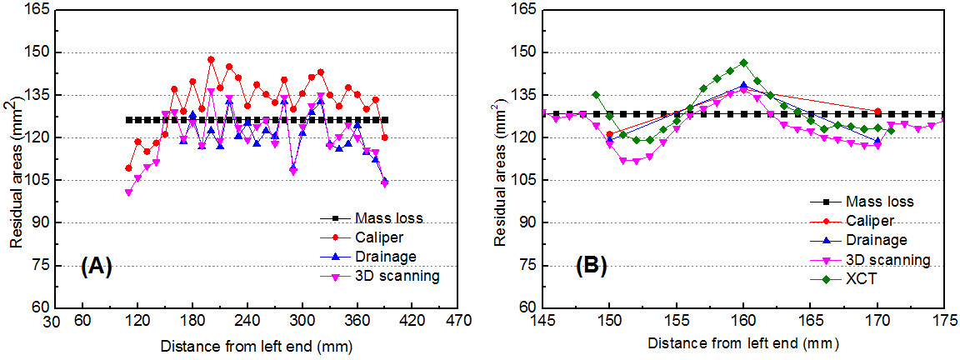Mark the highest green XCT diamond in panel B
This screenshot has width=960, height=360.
point(743,62)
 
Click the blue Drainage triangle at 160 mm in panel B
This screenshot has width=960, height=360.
point(743,85)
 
